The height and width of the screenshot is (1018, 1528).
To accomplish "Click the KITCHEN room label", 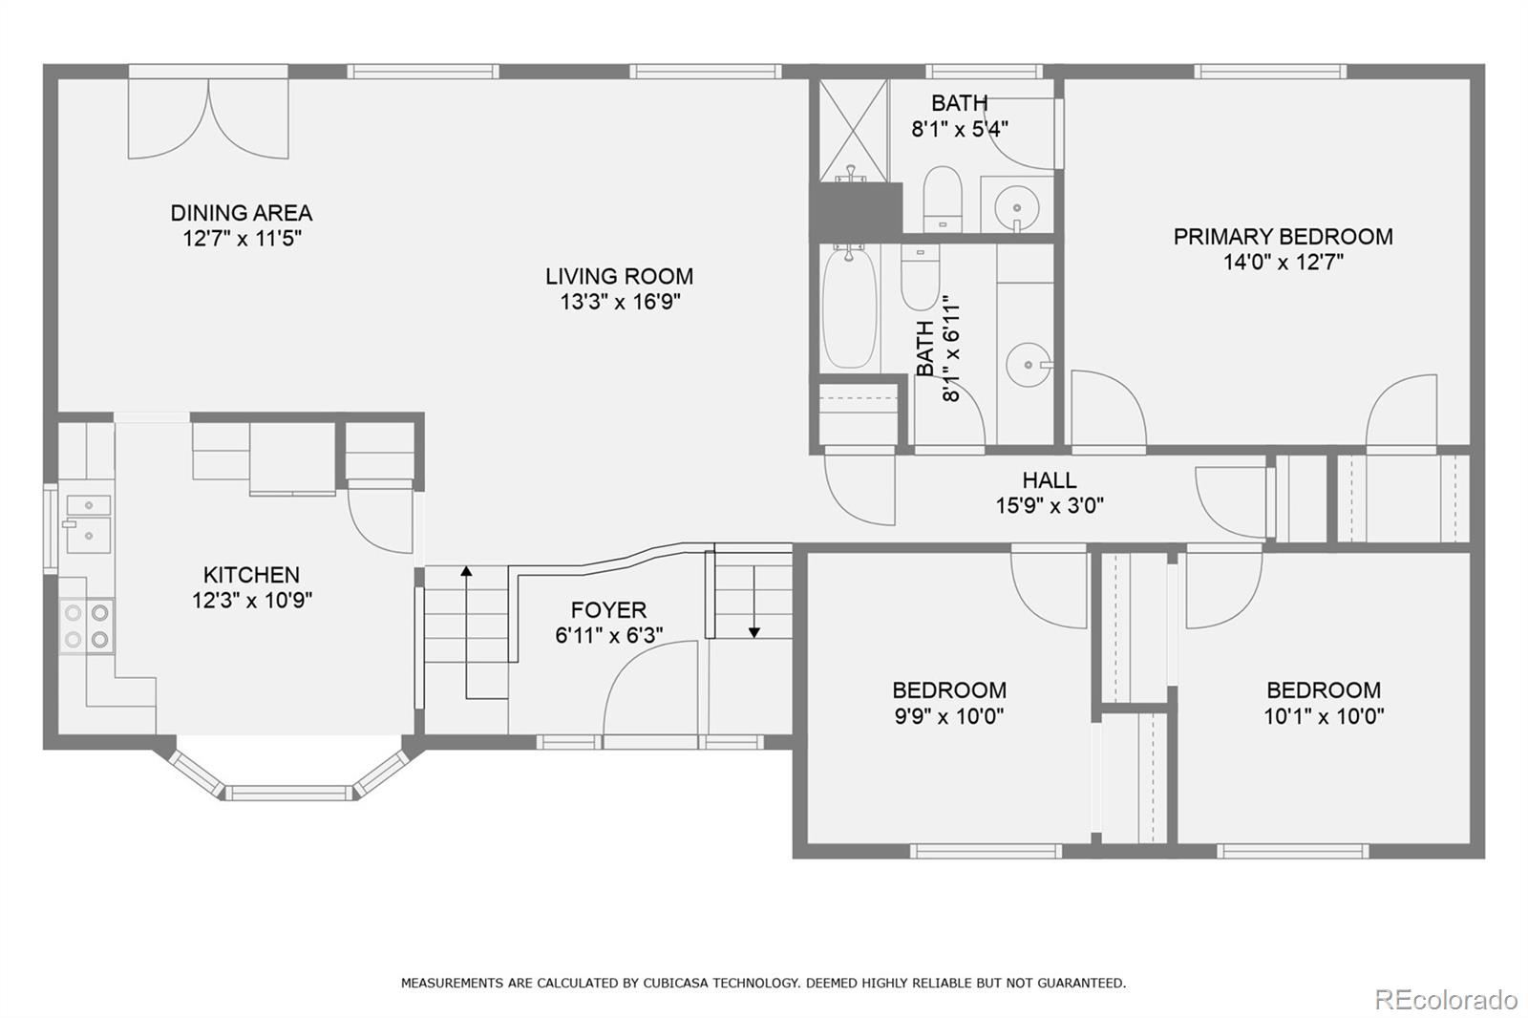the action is pos(252,575).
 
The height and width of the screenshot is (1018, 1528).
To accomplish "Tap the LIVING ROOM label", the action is pos(620,276).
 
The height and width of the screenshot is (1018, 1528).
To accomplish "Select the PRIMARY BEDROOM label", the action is pos(1284,237).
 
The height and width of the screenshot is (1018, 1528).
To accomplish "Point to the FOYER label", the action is pos(608,609).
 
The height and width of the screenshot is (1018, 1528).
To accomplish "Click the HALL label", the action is pos(1050,480).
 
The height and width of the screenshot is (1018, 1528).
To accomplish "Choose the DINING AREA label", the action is pos(242,213).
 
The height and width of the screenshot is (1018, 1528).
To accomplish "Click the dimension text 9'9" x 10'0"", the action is pos(949,716).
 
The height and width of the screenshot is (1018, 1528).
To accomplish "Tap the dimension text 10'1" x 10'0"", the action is pos(1324,716).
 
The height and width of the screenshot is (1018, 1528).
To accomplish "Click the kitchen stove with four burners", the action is pos(87,626).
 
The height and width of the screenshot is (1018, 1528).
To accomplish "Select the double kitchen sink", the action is pos(88,524).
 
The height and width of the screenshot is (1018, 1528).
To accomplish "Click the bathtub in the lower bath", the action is pos(849,309).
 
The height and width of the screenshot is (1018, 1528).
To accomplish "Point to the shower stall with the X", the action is pos(854,131).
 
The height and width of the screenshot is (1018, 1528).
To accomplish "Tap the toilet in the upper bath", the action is pos(943,199).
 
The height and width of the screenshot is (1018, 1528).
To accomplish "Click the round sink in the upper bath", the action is pos(1016,207).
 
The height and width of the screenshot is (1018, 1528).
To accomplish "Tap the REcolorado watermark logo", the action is pos(1446,1000).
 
